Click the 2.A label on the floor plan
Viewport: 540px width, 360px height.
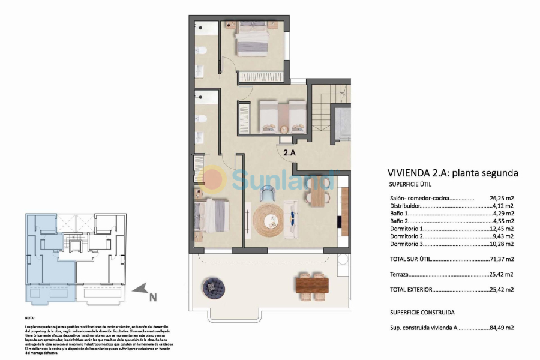pos(289,152)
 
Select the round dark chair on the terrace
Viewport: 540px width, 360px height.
pos(214,286)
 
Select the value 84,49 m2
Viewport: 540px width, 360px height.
pos(502,328)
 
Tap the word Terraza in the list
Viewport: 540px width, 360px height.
pos(399,274)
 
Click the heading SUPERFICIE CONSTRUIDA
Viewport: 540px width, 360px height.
pos(422,312)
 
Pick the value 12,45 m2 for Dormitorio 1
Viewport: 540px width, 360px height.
pos(502,229)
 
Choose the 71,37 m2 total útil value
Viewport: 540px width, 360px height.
pos(502,259)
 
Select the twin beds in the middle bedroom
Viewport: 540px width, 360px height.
pos(282,116)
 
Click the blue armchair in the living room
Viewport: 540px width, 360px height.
pos(268,193)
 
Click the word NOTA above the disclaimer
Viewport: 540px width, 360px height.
pos(30,318)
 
